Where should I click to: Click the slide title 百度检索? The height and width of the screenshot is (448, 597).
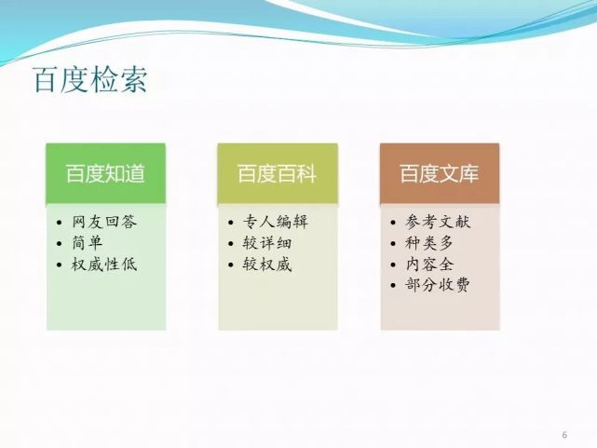[90, 80]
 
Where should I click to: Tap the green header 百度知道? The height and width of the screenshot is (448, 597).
[106, 173]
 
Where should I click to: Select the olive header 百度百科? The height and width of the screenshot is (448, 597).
[278, 173]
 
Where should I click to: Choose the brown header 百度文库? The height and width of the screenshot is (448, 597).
[440, 173]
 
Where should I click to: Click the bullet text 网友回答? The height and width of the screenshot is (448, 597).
[104, 222]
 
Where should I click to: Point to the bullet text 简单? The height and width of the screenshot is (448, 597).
[88, 243]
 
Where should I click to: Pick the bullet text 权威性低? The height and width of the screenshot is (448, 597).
[104, 265]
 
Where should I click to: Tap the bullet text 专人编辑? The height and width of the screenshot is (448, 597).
[276, 222]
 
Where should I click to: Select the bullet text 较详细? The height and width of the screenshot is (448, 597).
[267, 243]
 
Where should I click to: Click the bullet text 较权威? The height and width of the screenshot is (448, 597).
[267, 265]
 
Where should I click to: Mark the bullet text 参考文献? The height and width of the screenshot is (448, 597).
[438, 222]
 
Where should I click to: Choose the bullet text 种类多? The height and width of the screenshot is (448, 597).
[429, 243]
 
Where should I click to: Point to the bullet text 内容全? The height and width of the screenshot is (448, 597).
[429, 265]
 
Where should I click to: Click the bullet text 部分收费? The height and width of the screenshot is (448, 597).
[438, 285]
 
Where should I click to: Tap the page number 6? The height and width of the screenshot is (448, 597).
[564, 435]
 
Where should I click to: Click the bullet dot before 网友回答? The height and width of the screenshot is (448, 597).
[59, 223]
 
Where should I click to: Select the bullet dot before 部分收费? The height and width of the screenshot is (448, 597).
[393, 285]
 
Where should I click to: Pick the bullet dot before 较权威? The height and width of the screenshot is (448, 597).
[230, 265]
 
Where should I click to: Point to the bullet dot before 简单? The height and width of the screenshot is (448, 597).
[59, 244]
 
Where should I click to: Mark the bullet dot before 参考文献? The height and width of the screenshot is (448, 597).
[393, 223]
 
